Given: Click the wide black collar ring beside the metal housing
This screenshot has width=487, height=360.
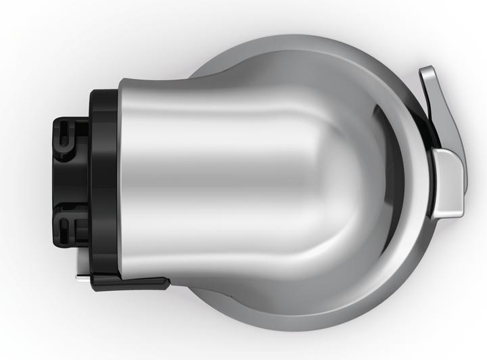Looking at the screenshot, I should [x=103, y=177].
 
